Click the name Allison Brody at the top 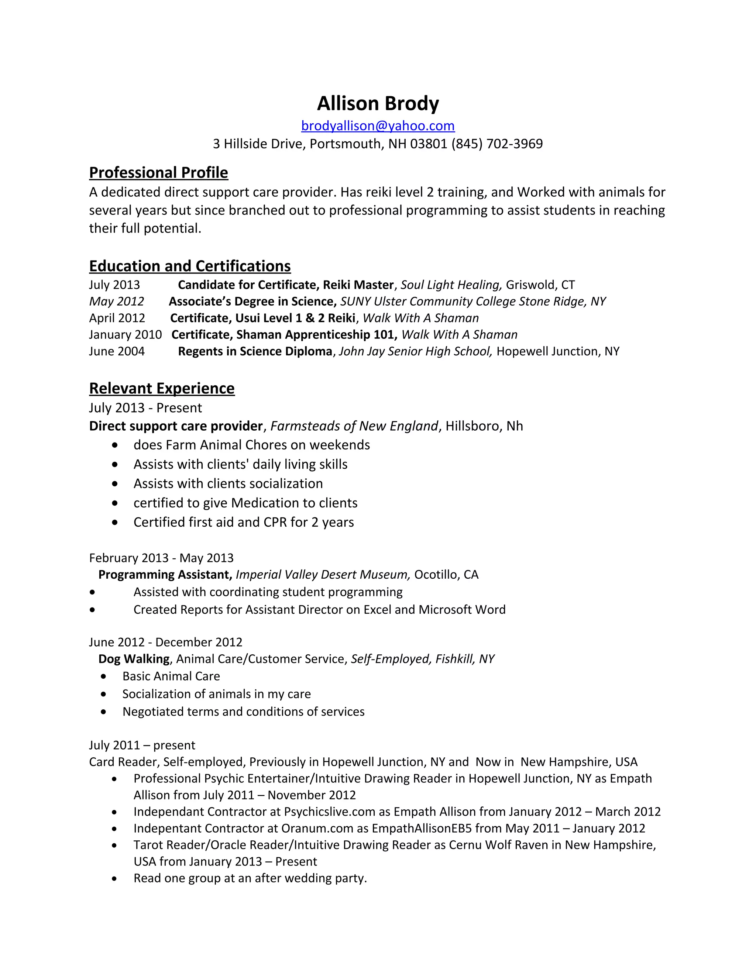[378, 103]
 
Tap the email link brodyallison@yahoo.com [378, 126]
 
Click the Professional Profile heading [158, 172]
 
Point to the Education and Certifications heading [190, 266]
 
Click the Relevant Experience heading [162, 388]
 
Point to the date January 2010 [125, 334]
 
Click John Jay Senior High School [415, 351]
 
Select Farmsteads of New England [354, 426]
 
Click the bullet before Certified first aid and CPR [115, 522]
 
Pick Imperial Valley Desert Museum [323, 575]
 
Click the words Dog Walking [134, 659]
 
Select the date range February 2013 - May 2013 [161, 558]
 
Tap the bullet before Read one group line [115, 878]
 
